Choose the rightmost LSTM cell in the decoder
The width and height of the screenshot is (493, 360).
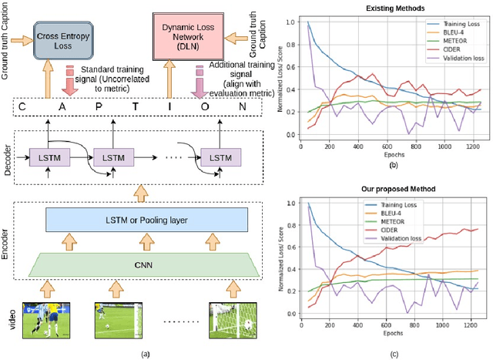click(220, 157)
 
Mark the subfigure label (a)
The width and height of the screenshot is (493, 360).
click(136, 354)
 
